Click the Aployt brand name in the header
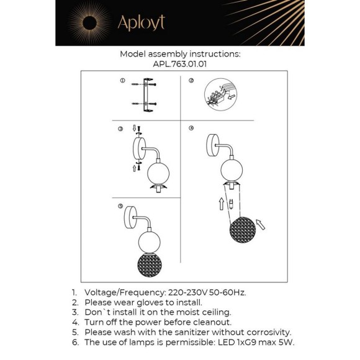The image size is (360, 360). pos(141,24)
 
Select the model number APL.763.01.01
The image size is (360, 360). pos(180,63)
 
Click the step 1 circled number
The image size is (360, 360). pos(122,81)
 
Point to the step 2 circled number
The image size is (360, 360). pos(191,81)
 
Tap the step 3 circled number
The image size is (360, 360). pos(120,129)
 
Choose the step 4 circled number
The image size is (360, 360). pos(191,129)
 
